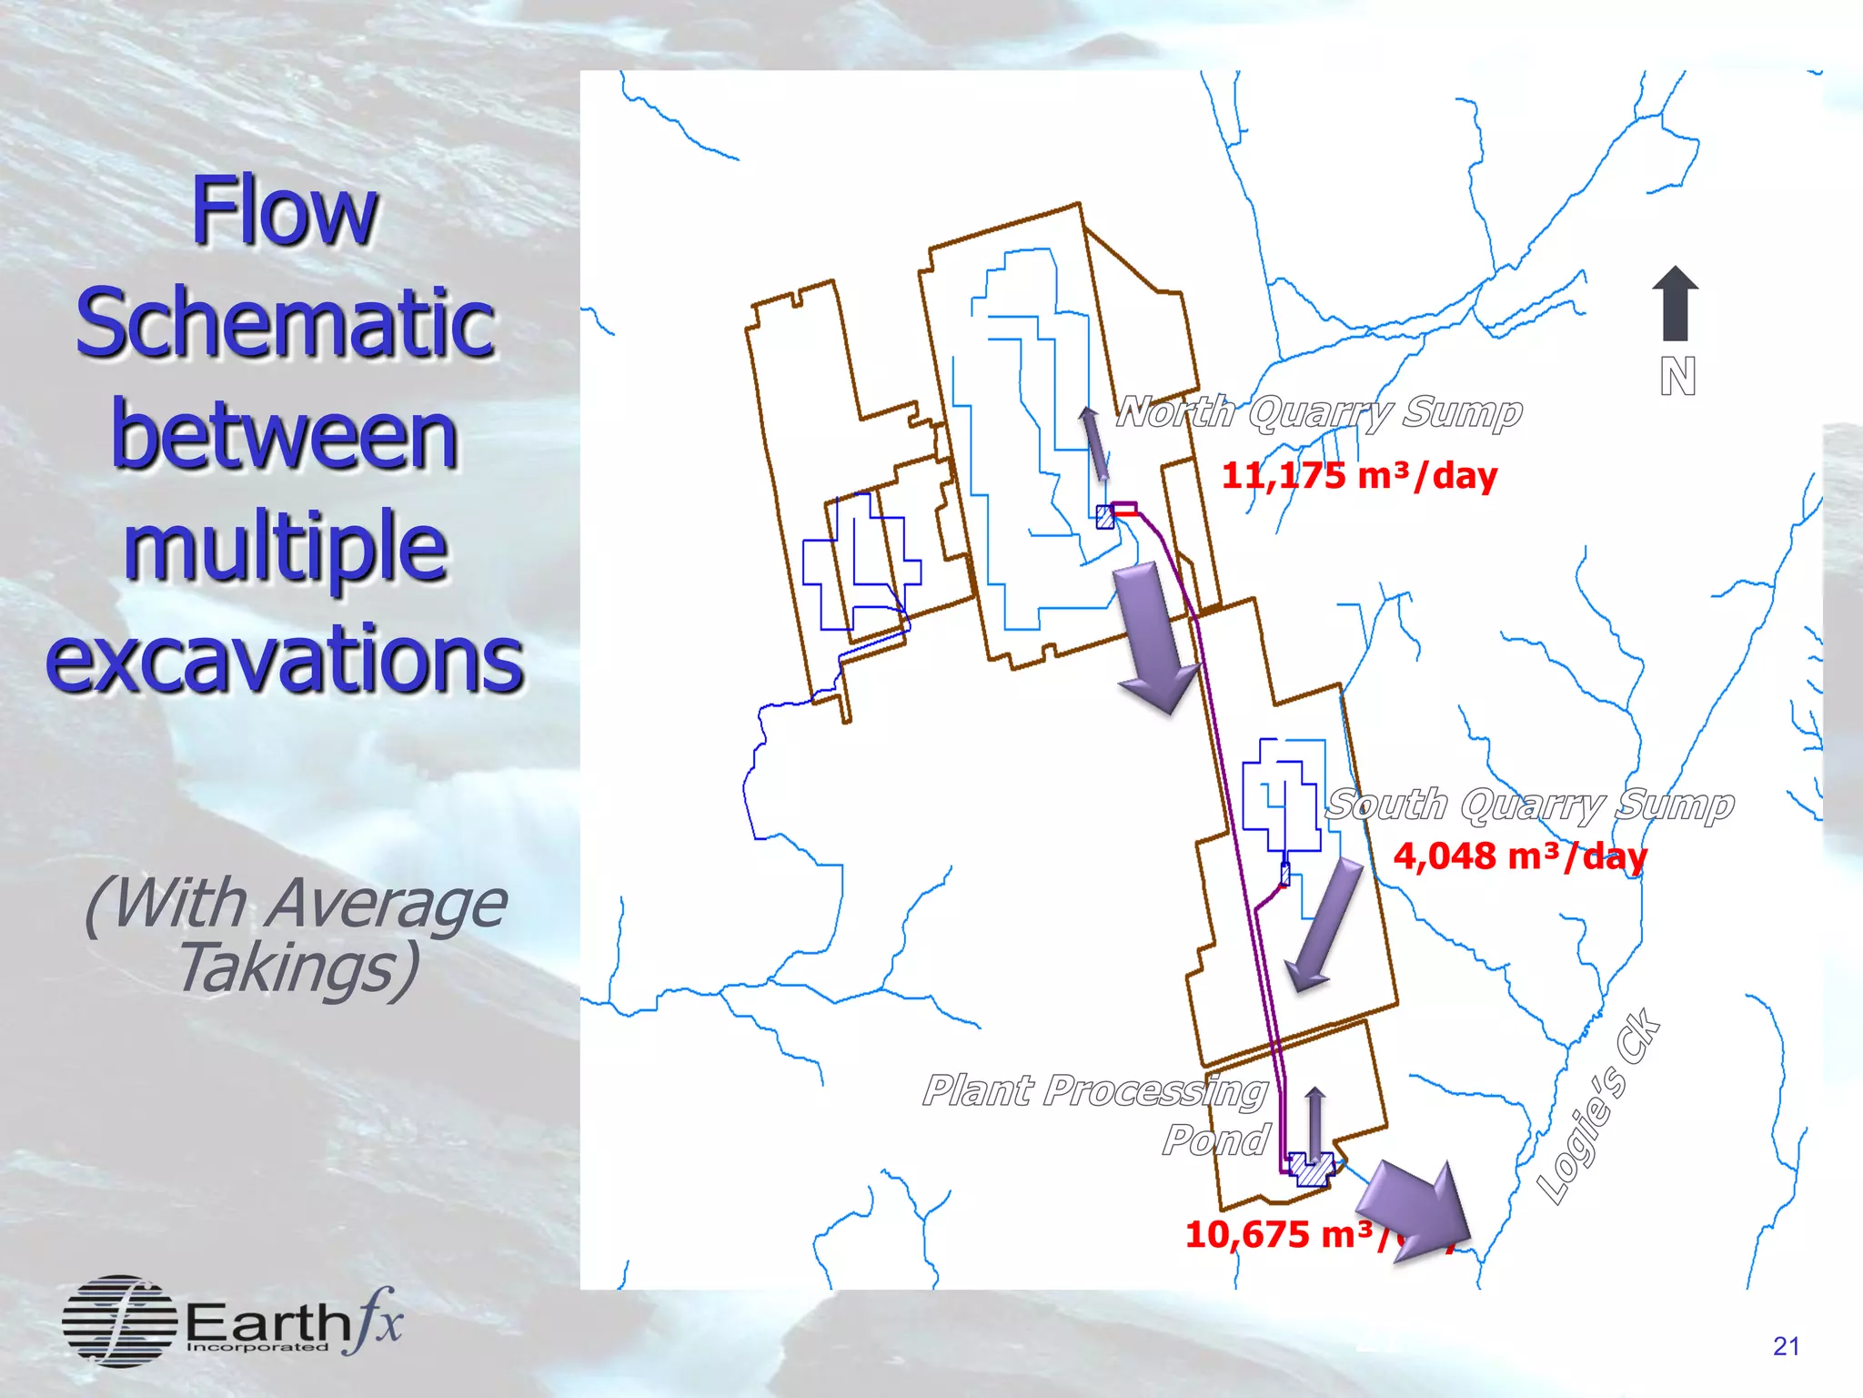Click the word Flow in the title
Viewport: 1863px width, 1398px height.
pos(284,211)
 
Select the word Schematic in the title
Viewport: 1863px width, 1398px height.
pos(285,322)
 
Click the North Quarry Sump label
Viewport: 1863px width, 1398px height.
pos(1318,412)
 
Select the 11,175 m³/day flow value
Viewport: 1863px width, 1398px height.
pos(1358,476)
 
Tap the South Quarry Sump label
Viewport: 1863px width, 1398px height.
pos(1529,805)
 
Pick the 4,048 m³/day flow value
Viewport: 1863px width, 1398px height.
pos(1520,856)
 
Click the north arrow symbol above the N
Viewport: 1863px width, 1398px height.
pos(1675,302)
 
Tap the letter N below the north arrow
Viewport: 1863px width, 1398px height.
pos(1677,376)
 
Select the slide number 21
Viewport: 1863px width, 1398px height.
pos(1786,1346)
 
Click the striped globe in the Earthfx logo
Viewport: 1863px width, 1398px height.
pos(119,1321)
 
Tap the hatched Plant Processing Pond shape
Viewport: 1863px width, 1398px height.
pos(1313,1170)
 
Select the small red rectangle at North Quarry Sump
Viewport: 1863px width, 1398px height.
pos(1124,509)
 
